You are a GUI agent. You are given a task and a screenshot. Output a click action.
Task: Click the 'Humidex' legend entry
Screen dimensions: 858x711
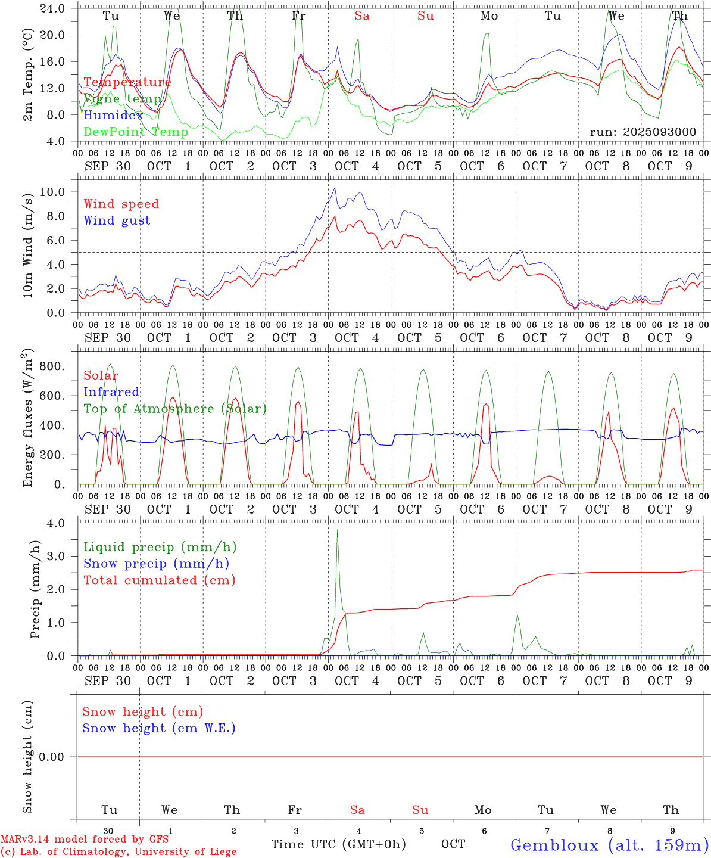click(x=113, y=116)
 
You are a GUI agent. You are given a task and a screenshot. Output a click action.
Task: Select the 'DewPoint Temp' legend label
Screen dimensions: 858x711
click(x=136, y=132)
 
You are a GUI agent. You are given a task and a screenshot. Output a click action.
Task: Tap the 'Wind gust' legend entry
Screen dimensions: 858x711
click(x=117, y=220)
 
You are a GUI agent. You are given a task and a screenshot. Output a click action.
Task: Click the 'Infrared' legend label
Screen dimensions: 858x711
click(x=111, y=392)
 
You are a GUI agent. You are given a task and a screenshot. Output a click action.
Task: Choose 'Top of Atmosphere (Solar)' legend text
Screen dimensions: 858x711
click(x=174, y=409)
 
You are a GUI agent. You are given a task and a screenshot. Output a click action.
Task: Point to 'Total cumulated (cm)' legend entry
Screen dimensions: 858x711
click(x=159, y=580)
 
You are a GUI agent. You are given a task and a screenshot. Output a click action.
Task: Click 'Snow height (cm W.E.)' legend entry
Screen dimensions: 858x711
click(x=158, y=728)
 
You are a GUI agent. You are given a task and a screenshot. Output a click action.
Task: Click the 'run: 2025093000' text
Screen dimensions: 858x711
click(x=643, y=132)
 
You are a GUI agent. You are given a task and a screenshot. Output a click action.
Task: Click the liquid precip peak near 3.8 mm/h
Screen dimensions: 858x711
click(x=337, y=530)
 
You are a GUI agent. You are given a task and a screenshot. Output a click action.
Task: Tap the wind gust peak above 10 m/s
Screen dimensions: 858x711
click(x=335, y=188)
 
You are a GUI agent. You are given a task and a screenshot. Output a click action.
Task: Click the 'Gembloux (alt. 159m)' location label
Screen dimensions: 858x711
click(x=609, y=845)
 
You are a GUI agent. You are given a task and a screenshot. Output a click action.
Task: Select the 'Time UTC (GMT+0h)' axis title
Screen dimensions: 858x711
click(x=338, y=844)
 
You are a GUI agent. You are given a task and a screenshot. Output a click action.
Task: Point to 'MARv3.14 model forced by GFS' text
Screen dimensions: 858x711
click(x=84, y=840)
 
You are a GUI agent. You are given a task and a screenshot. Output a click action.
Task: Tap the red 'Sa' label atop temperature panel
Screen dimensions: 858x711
click(x=362, y=16)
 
